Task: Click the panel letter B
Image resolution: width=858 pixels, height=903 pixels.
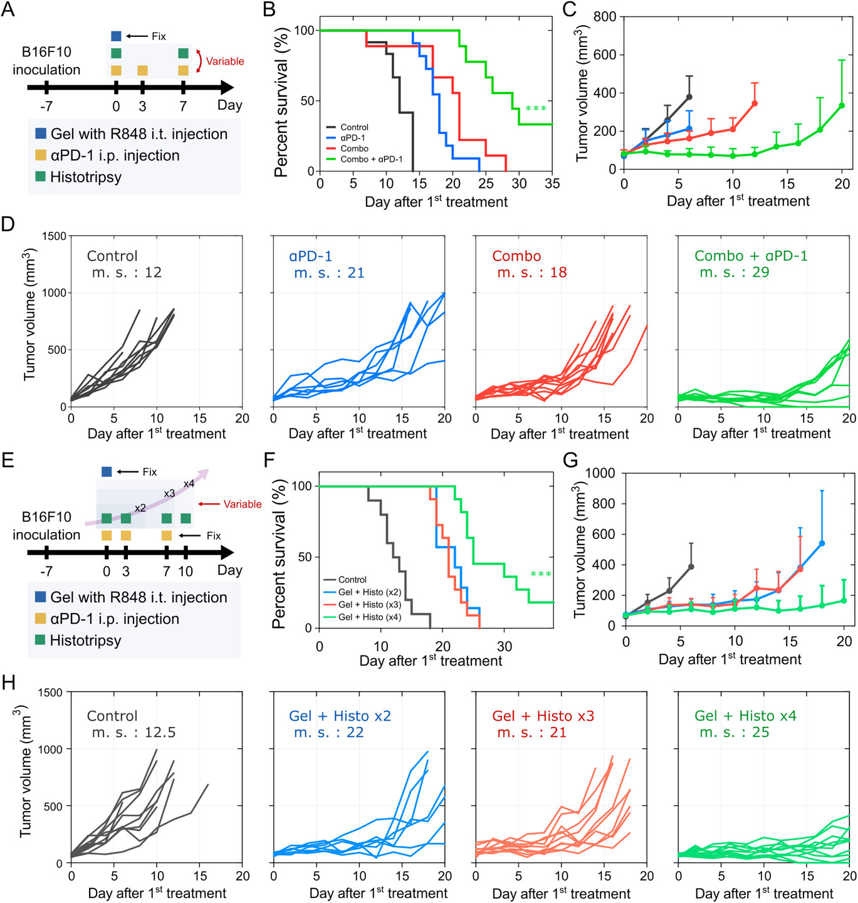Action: (269, 9)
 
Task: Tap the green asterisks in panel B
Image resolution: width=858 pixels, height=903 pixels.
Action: (536, 109)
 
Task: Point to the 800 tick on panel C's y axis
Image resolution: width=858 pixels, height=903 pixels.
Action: (605, 16)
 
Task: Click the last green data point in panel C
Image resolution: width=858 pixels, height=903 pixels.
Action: (842, 106)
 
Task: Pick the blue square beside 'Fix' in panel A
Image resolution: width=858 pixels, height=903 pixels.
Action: (116, 36)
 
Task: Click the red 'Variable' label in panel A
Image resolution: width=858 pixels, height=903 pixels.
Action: (225, 61)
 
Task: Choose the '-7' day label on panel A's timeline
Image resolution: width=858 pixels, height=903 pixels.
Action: (46, 107)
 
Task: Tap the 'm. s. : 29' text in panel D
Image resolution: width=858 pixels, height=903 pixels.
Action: (735, 272)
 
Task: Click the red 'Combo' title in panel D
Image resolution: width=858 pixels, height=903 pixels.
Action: (516, 256)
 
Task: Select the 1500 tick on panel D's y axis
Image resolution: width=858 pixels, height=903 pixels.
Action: (54, 236)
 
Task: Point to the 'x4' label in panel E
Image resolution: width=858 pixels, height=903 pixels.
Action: (189, 484)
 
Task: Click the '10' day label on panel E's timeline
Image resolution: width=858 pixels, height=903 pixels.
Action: (186, 572)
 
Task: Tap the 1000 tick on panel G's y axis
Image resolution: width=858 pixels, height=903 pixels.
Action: (600, 473)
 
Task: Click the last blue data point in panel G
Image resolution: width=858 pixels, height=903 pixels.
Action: (822, 543)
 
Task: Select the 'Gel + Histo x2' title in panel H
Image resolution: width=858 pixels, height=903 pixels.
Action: (340, 716)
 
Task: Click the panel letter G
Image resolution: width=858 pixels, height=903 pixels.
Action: (570, 461)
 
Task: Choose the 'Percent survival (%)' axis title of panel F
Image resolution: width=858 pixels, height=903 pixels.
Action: (280, 554)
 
